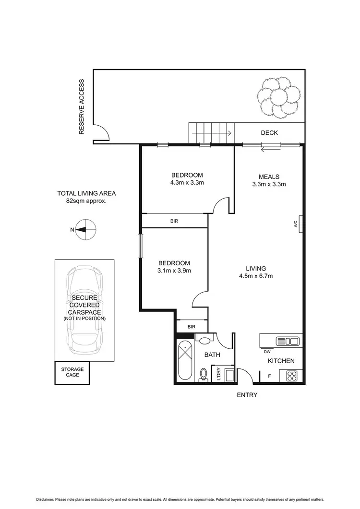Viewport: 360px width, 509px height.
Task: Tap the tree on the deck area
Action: click(x=279, y=98)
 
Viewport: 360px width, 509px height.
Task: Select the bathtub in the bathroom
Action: click(x=184, y=361)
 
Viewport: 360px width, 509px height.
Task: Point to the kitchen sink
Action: click(x=287, y=341)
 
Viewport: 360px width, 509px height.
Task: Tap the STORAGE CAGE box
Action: click(x=72, y=372)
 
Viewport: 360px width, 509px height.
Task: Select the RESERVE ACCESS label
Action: click(x=82, y=107)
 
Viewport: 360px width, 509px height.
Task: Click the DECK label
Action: click(x=269, y=133)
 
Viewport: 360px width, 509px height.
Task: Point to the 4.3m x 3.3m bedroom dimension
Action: click(x=187, y=183)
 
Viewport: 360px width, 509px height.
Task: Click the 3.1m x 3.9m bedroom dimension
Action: click(x=175, y=271)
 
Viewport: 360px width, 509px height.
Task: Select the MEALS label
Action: click(x=269, y=177)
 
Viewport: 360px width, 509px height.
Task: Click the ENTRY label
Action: click(x=247, y=395)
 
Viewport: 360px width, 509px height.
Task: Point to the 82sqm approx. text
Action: click(x=86, y=201)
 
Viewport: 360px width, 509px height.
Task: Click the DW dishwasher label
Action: click(x=267, y=351)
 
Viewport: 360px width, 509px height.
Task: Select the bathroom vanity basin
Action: click(x=205, y=340)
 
